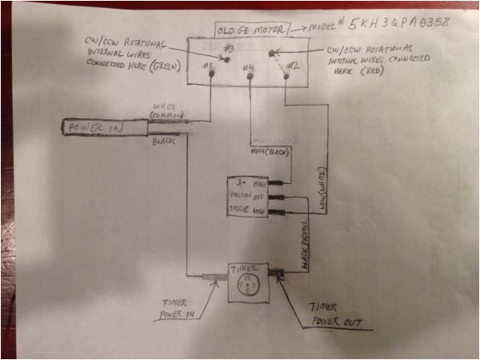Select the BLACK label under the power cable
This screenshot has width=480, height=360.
tap(162, 142)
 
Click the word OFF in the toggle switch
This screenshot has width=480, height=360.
tap(259, 197)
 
